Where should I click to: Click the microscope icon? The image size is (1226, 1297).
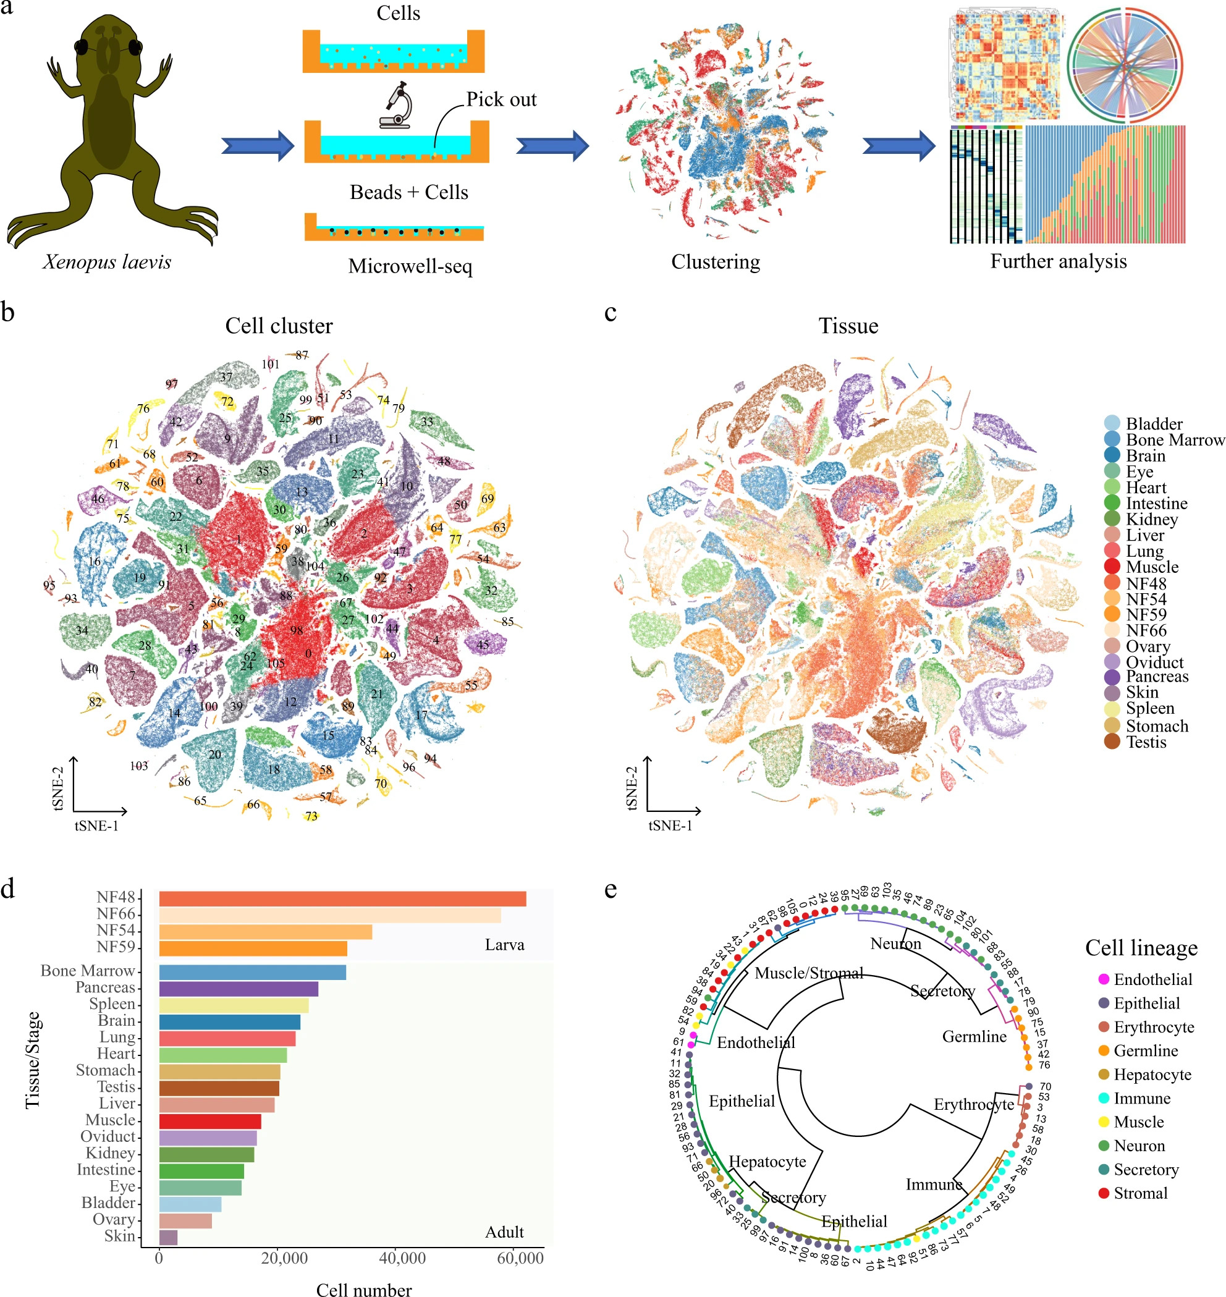coord(396,104)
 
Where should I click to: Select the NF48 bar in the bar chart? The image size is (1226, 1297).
coord(342,898)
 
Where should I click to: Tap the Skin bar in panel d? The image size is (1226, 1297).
coord(168,1238)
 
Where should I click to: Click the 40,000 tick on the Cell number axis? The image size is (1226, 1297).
coord(402,1258)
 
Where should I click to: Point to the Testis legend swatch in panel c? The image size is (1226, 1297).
coord(1112,741)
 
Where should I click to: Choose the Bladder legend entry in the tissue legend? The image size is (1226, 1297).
coord(1154,423)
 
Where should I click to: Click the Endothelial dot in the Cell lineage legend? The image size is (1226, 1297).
coord(1104,979)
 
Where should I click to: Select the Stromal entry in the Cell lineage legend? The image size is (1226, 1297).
coord(1140,1193)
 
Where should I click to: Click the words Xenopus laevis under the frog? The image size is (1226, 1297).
coord(107,262)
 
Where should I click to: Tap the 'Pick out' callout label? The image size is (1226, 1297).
coord(501,99)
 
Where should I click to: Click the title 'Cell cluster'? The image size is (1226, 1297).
coord(279,326)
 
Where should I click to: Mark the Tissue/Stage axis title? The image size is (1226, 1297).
coord(33,1060)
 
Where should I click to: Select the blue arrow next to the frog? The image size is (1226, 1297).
coord(258,145)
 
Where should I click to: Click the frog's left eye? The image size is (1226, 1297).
coord(82,47)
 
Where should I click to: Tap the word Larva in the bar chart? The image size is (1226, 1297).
coord(504,945)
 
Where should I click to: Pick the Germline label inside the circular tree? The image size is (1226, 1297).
coord(974,1036)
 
